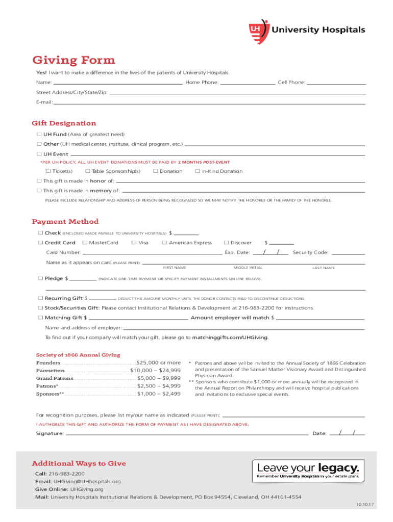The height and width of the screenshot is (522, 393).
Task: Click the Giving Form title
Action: (73, 61)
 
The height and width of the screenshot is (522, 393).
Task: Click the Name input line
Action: (118, 82)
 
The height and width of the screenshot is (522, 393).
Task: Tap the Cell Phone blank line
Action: (336, 82)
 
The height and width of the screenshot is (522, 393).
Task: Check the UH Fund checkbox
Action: (39, 135)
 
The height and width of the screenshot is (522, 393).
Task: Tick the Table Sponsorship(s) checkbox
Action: (88, 171)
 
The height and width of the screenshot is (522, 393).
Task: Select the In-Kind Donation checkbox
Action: (198, 171)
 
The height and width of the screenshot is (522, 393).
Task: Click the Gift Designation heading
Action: (64, 123)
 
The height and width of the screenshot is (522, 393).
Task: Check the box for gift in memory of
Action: (39, 191)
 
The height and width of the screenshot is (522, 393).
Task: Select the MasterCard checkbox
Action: (85, 243)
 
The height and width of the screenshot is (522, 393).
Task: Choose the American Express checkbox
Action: (164, 243)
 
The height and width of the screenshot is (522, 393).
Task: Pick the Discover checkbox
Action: (226, 243)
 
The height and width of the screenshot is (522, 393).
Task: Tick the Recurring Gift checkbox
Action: (40, 298)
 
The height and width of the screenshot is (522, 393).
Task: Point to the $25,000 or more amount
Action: (159, 363)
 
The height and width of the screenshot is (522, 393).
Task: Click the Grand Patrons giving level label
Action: (54, 378)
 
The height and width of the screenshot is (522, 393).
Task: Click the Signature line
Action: (187, 433)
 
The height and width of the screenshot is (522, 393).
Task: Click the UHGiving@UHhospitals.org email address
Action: (87, 481)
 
